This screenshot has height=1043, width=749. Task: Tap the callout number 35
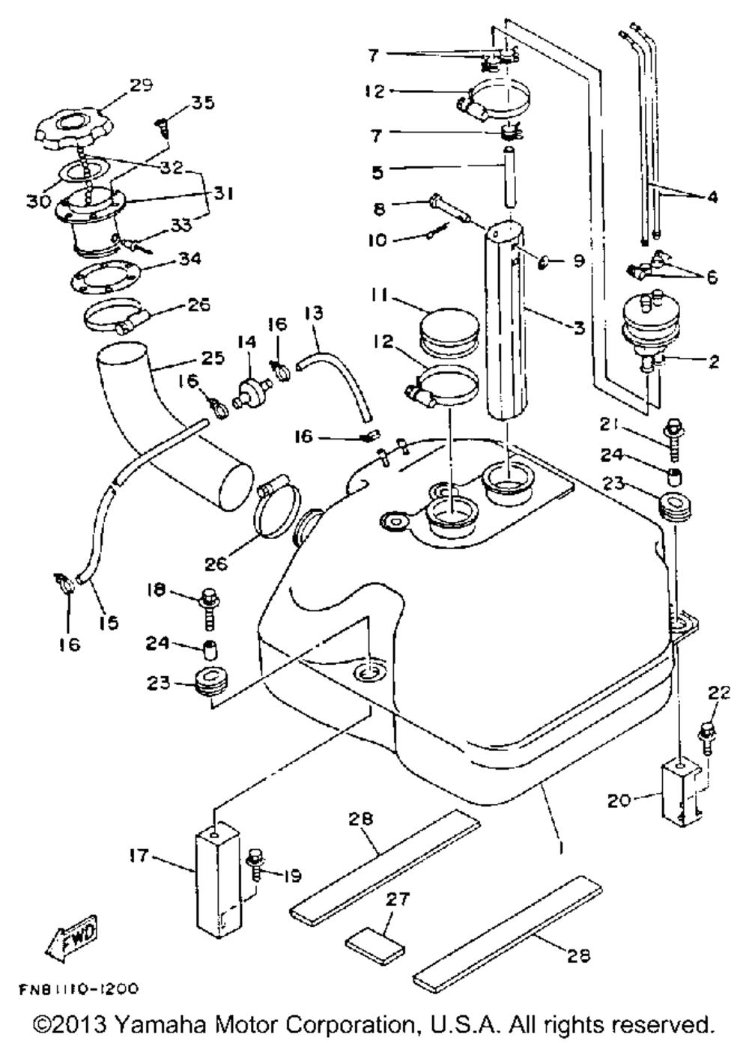201,102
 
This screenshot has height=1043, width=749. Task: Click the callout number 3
579,328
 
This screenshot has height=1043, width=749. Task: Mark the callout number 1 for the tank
561,849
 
